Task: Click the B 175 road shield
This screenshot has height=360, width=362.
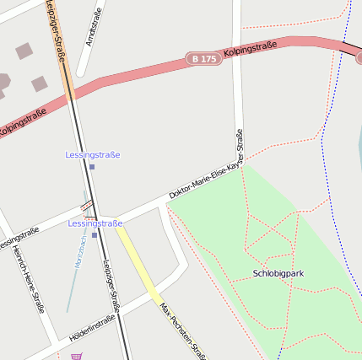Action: coord(203,59)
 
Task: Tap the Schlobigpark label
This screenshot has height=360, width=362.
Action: coord(278,274)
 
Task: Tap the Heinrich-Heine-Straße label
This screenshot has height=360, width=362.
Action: coord(28,282)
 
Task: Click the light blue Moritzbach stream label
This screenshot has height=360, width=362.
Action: coord(80,252)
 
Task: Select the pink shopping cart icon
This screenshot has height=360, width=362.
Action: coord(78,356)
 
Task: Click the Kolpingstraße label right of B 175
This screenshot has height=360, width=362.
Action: coord(251,49)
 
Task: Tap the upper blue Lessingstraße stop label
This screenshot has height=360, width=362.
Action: coord(93,155)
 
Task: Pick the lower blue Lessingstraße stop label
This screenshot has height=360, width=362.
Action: coord(95,223)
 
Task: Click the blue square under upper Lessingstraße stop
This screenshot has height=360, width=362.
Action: coord(92,167)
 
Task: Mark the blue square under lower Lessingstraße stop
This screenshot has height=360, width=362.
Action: coord(95,234)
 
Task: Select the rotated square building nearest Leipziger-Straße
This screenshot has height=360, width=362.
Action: coord(40,83)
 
